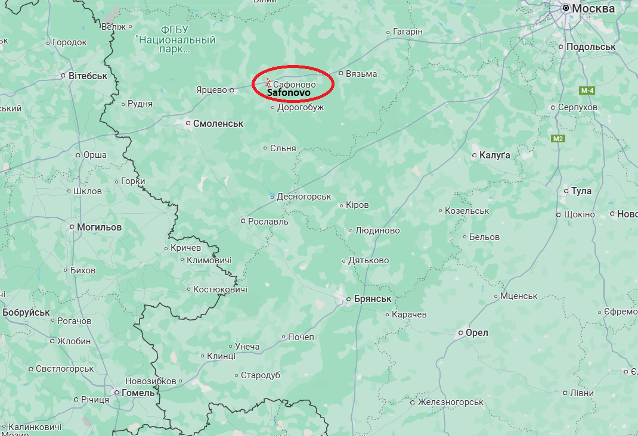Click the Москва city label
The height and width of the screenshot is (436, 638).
[593, 9]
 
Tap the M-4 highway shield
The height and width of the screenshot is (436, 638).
[587, 91]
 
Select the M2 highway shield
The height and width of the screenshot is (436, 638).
[558, 139]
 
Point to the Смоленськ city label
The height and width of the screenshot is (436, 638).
[218, 123]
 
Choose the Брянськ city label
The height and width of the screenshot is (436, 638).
[372, 298]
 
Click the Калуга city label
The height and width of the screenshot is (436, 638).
[495, 155]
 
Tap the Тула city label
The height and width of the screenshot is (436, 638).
[581, 191]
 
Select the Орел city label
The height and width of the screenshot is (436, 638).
[476, 332]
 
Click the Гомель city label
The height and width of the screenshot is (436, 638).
[138, 393]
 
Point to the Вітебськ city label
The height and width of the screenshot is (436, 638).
[88, 76]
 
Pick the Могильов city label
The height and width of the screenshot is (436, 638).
[99, 227]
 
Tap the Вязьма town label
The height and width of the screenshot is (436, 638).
[361, 74]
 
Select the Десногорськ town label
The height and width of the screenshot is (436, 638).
[304, 197]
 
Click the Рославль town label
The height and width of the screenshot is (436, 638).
[268, 221]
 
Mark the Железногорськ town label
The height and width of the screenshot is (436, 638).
[450, 402]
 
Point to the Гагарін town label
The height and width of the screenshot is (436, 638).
[408, 32]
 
